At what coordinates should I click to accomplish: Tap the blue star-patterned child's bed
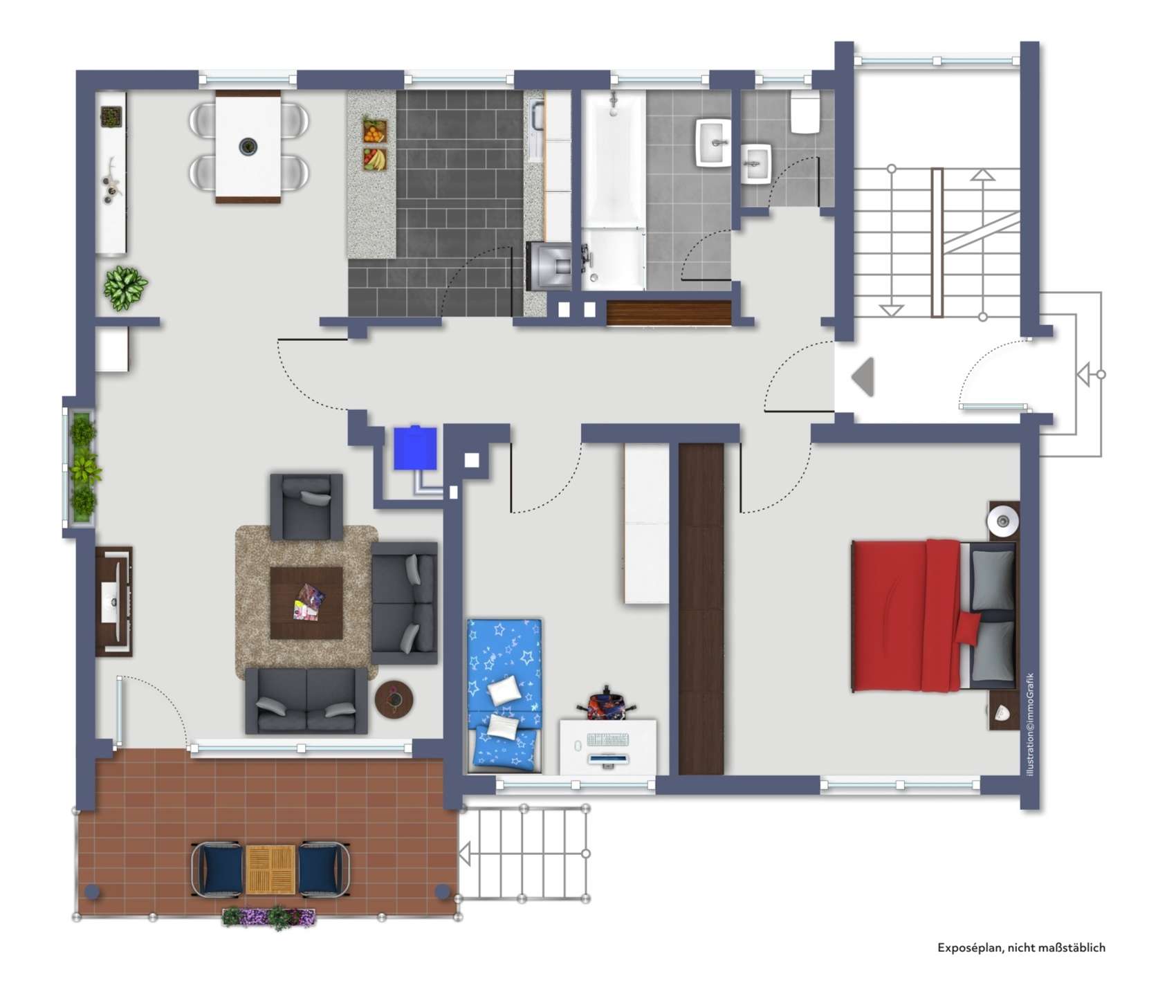pos(504,695)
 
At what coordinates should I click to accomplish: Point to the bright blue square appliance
pos(415,448)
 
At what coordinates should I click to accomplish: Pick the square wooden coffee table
pos(306,602)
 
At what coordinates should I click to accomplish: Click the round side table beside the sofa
pos(394,699)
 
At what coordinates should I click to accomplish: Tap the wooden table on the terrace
pos(270,869)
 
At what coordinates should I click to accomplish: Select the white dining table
pos(248,147)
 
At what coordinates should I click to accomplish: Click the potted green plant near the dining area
pos(125,287)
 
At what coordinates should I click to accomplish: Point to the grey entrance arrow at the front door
pos(863,377)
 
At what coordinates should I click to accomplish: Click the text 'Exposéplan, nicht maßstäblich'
pos(1020,948)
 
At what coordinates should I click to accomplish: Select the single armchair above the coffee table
pos(306,506)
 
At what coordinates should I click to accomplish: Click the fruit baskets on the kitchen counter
pos(374,145)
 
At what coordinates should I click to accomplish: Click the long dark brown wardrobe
pos(701,609)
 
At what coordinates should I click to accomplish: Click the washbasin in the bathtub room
pos(713,142)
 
